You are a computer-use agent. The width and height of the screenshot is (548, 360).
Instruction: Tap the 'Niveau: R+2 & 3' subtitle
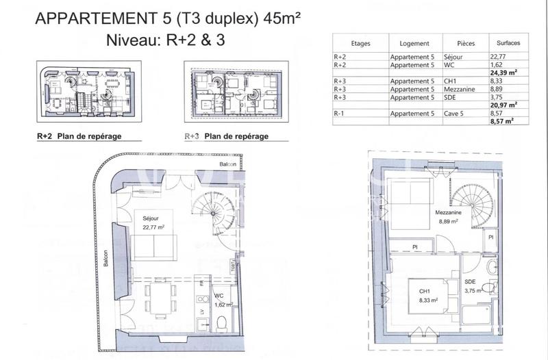165,40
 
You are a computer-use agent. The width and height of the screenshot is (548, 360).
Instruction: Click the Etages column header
360,43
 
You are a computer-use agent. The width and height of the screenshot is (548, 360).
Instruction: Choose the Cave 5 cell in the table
457,112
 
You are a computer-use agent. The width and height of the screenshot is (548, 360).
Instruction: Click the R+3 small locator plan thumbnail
235,92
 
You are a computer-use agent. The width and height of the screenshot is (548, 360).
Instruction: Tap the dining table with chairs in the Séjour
160,299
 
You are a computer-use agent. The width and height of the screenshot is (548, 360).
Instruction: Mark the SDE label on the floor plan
470,282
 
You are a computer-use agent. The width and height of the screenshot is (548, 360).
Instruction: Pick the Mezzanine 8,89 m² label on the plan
448,217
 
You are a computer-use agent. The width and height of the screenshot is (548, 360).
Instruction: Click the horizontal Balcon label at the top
228,165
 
